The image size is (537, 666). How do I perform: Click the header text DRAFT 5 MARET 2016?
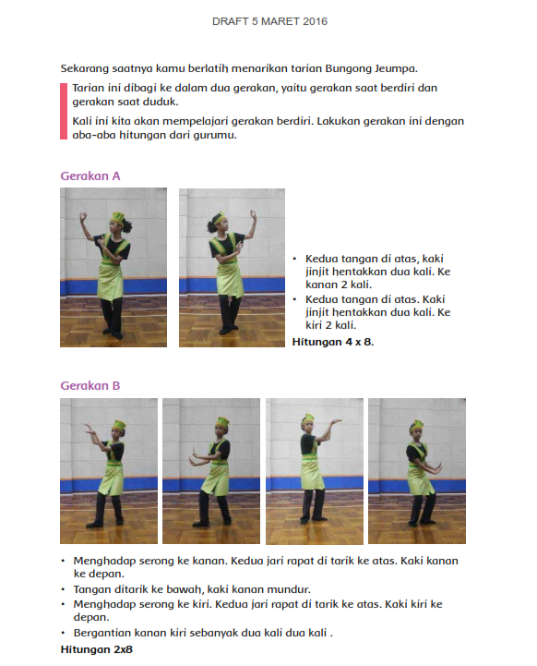tap(269, 21)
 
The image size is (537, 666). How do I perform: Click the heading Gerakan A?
tap(90, 176)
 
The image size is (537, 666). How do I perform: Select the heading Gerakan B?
tap(90, 386)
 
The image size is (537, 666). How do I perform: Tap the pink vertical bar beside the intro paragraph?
tap(64, 111)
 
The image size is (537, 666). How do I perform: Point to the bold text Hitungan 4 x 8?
tap(333, 342)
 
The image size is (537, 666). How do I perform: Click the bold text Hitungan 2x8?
tap(96, 649)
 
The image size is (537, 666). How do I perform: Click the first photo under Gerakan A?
tap(113, 268)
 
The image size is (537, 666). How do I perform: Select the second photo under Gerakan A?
tap(232, 268)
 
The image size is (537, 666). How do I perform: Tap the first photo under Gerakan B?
tap(109, 471)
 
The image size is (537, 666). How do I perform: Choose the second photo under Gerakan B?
tap(211, 471)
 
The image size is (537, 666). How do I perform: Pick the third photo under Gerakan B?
tap(315, 471)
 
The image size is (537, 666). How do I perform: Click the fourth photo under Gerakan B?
tap(417, 471)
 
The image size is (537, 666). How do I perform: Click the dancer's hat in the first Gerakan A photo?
tap(117, 218)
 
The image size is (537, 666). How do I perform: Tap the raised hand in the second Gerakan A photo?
tap(254, 213)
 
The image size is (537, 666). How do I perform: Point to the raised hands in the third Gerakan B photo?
tap(335, 423)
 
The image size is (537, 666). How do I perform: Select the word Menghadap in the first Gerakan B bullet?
tap(103, 561)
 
